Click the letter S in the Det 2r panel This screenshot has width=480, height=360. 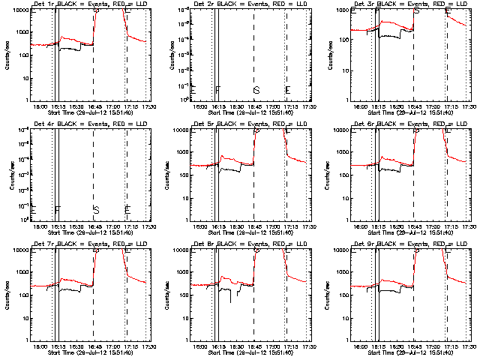256,91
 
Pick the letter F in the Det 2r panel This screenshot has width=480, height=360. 217,91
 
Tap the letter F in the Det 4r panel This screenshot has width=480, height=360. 57,209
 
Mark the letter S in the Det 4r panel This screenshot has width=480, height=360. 96,209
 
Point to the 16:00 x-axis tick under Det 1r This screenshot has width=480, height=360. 40,106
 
